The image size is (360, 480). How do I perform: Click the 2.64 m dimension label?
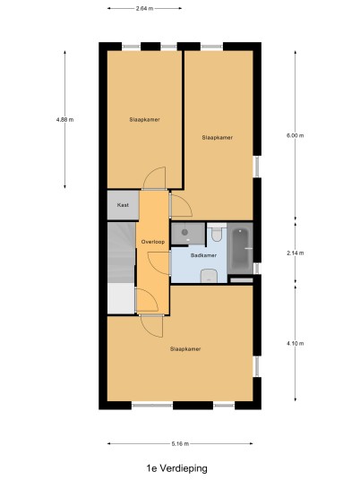[x=144, y=9]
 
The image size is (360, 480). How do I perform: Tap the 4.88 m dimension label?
[x=64, y=120]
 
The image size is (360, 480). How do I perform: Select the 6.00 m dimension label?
[x=296, y=135]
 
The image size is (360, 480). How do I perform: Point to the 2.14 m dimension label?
[x=296, y=253]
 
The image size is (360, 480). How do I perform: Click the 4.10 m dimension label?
[x=296, y=344]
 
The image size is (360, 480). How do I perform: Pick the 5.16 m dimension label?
[x=180, y=443]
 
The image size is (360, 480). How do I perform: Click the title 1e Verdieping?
[x=177, y=468]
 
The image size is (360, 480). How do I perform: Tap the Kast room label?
[x=123, y=205]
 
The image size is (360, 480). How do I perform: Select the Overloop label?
[x=153, y=242]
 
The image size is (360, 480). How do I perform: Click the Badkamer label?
[x=203, y=255]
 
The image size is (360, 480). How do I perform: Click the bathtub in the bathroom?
[x=240, y=249]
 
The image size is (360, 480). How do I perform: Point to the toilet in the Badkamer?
[x=217, y=232]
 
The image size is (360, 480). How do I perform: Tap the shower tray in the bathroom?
[x=188, y=234]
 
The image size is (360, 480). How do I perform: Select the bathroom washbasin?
[x=209, y=276]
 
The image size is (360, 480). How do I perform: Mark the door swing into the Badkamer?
[x=159, y=263]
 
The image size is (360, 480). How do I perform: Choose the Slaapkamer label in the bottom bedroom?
[x=185, y=349]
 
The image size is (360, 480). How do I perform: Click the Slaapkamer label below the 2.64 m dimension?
[x=144, y=120]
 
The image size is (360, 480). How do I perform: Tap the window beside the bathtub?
[x=257, y=269]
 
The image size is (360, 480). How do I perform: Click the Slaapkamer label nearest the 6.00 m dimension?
[x=218, y=138]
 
